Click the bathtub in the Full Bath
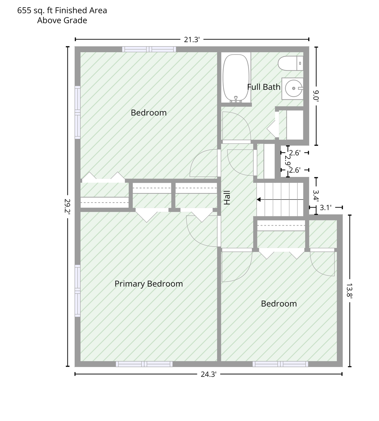click(236, 78)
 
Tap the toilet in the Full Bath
click(291, 63)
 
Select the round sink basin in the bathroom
click(293, 88)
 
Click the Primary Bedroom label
click(149, 284)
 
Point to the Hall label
click(227, 197)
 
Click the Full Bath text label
click(264, 87)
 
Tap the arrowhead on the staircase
click(259, 199)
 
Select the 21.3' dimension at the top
click(192, 39)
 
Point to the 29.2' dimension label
click(67, 206)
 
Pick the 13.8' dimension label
click(349, 291)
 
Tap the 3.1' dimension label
click(325, 208)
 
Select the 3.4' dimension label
click(316, 195)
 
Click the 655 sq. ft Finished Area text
click(62, 11)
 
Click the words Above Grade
click(62, 20)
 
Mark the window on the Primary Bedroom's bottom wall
click(144, 364)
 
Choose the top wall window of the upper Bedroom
click(149, 49)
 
